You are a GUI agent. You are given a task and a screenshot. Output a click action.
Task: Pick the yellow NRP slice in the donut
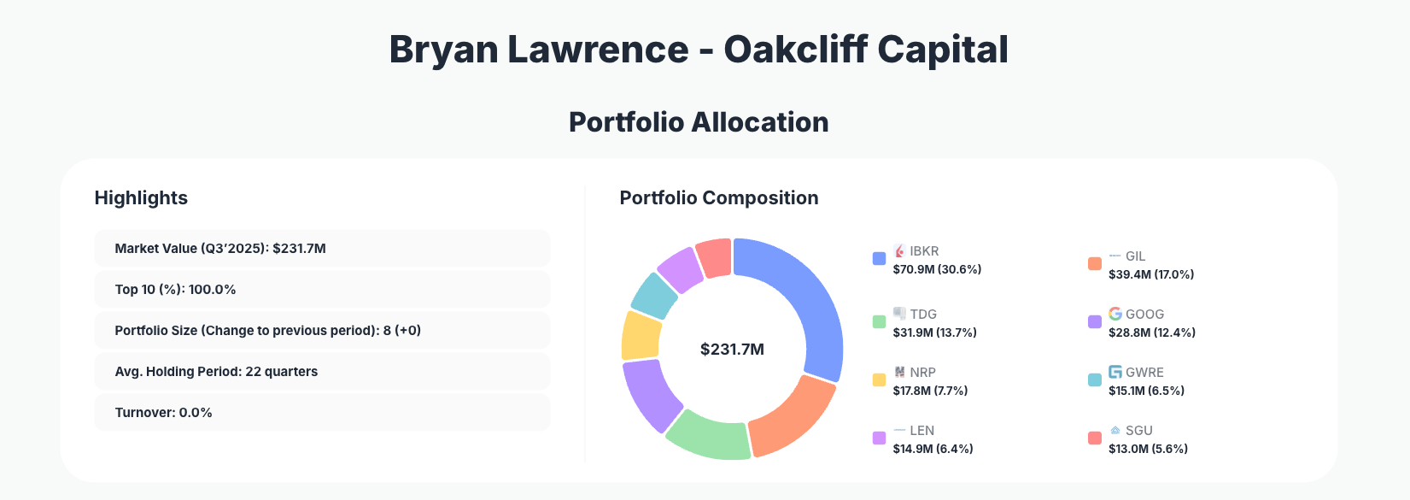tap(641, 335)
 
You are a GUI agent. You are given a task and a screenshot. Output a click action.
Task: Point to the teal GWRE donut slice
tap(654, 293)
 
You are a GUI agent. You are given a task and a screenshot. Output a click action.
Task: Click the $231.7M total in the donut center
tap(732, 349)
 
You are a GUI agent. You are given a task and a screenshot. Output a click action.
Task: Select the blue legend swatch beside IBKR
tap(879, 259)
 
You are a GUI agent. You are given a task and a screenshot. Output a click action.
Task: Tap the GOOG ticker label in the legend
tap(1144, 315)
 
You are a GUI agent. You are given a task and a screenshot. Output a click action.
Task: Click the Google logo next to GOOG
tap(1115, 314)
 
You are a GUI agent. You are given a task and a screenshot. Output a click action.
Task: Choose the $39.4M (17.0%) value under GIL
tap(1151, 274)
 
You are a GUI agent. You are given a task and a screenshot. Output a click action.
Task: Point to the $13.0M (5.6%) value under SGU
tap(1148, 449)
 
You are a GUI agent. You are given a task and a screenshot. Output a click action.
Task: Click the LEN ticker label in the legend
tap(921, 431)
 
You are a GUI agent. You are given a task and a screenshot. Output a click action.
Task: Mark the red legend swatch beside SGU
tap(1094, 438)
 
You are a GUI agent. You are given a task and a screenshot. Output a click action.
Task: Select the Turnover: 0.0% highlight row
tap(322, 413)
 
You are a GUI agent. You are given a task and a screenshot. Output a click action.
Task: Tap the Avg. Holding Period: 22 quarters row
tap(322, 372)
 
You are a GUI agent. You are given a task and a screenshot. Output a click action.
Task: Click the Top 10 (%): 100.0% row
tap(322, 290)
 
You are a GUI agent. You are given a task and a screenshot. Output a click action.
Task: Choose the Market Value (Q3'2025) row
tap(322, 249)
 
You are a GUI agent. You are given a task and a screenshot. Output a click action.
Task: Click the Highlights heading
tap(141, 198)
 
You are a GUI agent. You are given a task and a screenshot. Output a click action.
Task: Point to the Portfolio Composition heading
tap(718, 198)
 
